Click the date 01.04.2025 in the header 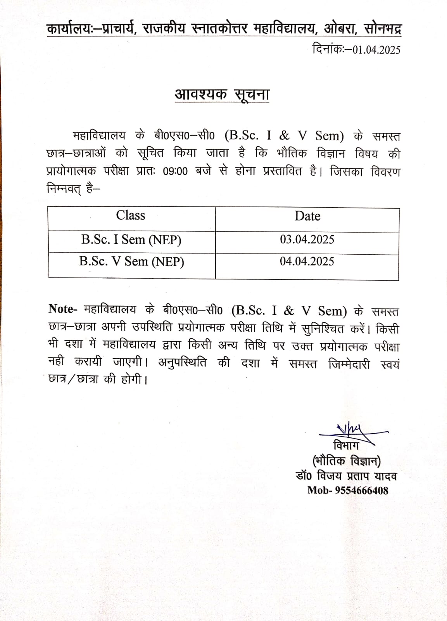point(376,50)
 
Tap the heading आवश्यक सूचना point(222,94)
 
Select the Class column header point(131,215)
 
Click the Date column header point(307,216)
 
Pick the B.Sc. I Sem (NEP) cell point(131,239)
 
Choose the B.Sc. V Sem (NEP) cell point(131,261)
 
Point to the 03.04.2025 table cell point(307,239)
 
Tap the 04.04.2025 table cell point(307,261)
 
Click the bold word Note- point(63,309)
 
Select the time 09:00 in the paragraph point(175,171)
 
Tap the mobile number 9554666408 point(362,491)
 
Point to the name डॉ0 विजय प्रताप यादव point(346,476)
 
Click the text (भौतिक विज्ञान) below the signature point(347,461)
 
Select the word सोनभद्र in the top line point(382,29)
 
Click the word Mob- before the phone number point(319,491)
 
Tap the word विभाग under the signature point(346,445)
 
